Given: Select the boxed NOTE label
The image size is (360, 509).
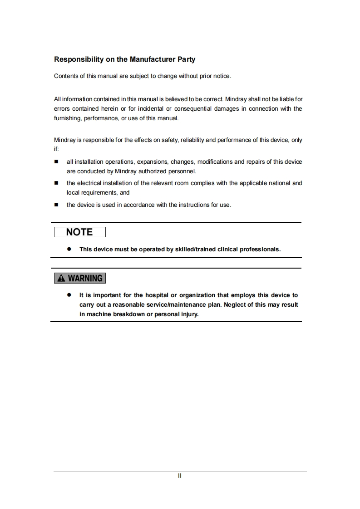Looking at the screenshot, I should pyautogui.click(x=79, y=232).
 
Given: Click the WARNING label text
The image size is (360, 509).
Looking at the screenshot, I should pyautogui.click(x=85, y=278).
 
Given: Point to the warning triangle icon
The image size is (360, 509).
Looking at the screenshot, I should pyautogui.click(x=61, y=278).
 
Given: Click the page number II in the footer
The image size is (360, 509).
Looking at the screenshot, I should pyautogui.click(x=180, y=476).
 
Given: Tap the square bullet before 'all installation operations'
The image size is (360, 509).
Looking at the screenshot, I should pyautogui.click(x=57, y=162).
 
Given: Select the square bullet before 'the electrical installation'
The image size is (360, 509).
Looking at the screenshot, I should pyautogui.click(x=57, y=183).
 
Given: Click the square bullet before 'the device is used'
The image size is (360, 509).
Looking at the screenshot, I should pyautogui.click(x=57, y=205).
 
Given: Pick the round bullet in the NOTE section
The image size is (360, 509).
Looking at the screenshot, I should pyautogui.click(x=69, y=249).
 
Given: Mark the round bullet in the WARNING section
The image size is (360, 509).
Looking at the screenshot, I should pyautogui.click(x=69, y=295).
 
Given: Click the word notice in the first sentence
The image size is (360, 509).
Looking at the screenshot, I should pyautogui.click(x=222, y=76).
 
